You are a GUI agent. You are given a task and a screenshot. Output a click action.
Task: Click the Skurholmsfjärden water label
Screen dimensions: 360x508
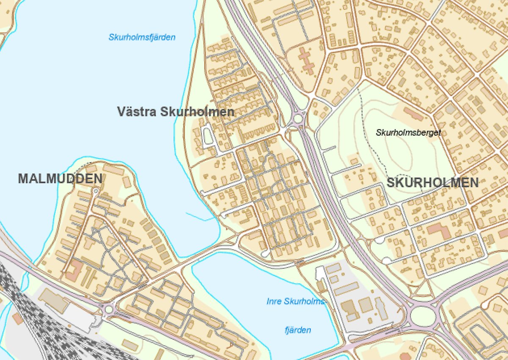tap(142, 37)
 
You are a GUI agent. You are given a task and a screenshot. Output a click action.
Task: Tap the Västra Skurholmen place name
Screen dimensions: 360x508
tap(175, 112)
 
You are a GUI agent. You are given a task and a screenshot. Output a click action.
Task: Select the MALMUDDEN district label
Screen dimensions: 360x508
tap(60, 179)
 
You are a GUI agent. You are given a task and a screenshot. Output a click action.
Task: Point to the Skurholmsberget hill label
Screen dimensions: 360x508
tap(408, 132)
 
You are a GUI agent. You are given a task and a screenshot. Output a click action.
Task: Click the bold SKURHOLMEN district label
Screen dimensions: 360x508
tap(432, 183)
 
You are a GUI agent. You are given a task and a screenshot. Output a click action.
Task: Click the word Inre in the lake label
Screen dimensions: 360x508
tap(275, 302)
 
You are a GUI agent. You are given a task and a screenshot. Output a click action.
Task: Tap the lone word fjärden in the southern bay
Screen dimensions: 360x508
tap(298, 330)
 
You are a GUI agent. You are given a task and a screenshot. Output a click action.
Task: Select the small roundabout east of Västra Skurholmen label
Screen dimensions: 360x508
tap(298, 117)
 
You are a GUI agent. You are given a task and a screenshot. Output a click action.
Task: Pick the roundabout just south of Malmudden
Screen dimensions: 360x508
tap(109, 310)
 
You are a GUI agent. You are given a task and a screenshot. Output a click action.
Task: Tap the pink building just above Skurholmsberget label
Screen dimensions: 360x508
tap(412, 114)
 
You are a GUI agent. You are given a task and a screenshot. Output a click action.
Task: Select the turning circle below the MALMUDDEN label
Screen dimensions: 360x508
tap(96, 191)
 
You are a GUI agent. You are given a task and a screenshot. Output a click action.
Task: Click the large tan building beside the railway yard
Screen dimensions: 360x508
tap(52, 300)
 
